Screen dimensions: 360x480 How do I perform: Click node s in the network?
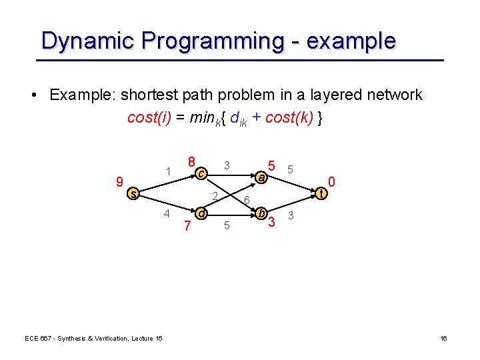pos(133,194)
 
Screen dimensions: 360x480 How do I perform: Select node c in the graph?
pos(201,174)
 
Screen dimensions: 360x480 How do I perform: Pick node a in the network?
pos(262,177)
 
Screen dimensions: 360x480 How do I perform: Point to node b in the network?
pos(262,214)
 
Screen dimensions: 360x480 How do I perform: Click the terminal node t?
pos(322,193)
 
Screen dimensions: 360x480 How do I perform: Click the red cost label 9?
pos(119,181)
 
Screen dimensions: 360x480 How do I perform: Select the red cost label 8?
pos(191,162)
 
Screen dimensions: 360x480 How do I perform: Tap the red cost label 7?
pos(188,227)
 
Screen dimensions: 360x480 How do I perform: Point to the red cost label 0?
pos(331,181)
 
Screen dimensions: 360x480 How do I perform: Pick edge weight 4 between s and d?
pos(167,214)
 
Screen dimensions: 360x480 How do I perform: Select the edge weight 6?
pos(246,201)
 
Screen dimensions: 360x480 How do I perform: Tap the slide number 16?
pos(443,339)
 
